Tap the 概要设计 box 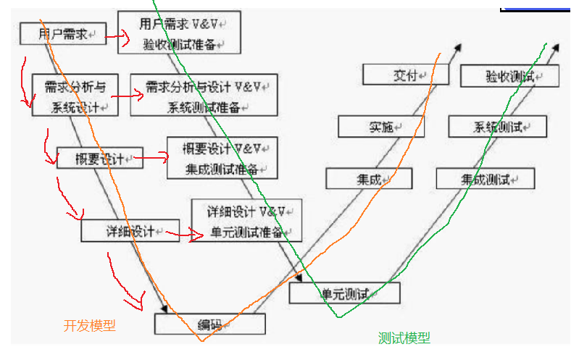click(100, 158)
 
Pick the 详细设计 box click(129, 230)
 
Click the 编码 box click(209, 323)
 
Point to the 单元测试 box click(344, 293)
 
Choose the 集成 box click(368, 178)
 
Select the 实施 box click(381, 126)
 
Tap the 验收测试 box click(510, 75)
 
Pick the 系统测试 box click(498, 126)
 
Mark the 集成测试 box click(486, 178)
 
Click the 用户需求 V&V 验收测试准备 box click(179, 33)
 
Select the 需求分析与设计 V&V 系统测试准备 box click(204, 96)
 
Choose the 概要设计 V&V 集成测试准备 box click(222, 158)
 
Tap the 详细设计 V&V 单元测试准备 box click(246, 221)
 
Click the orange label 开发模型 click(90, 325)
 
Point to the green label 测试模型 click(404, 338)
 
